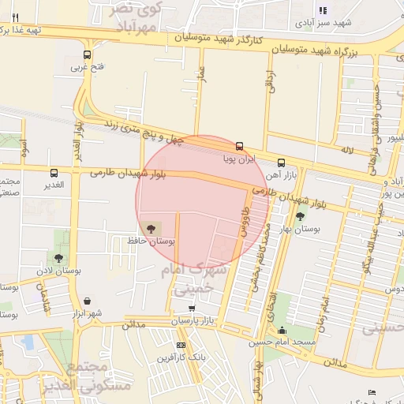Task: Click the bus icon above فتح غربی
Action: click(x=86, y=55)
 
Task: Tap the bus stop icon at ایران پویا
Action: click(x=239, y=146)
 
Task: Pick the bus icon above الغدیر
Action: click(x=54, y=173)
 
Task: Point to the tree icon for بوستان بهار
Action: click(x=300, y=216)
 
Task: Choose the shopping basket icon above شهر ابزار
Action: click(x=86, y=301)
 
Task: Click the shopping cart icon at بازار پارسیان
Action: click(x=192, y=308)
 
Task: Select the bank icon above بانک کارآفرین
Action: click(x=182, y=345)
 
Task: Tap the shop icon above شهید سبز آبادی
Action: click(x=322, y=10)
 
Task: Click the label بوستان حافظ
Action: click(x=150, y=240)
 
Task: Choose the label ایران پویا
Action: click(x=239, y=159)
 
